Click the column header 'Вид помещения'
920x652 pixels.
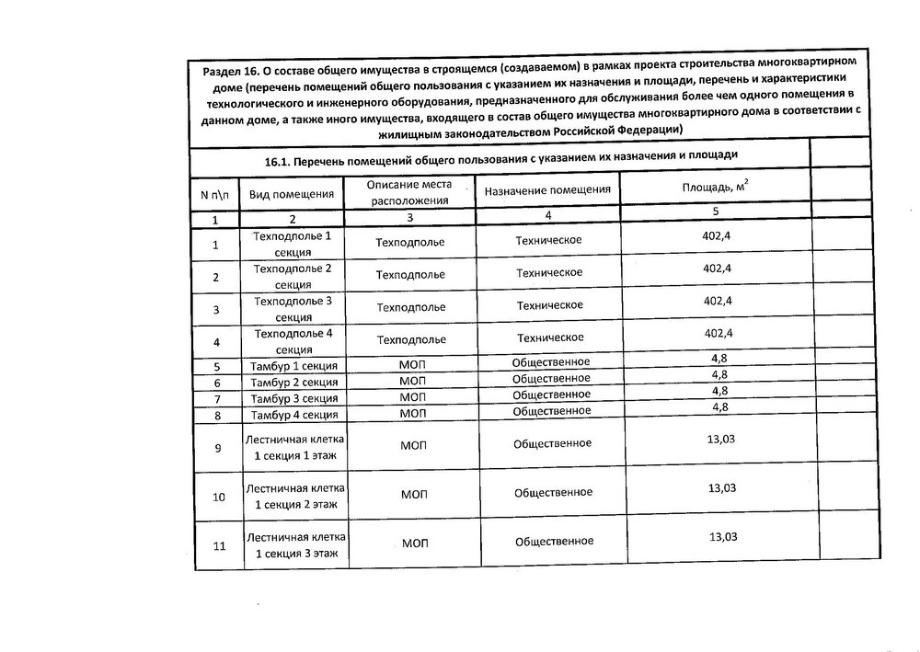click(293, 194)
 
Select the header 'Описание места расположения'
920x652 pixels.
click(410, 192)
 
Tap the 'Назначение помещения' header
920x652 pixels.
click(547, 189)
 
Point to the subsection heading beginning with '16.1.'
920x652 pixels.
click(501, 159)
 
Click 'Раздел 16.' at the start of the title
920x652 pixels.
click(231, 72)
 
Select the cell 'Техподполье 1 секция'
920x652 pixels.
click(293, 243)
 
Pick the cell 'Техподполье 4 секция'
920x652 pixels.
click(293, 340)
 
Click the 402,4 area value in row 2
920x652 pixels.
click(717, 269)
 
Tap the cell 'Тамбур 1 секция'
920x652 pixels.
click(293, 366)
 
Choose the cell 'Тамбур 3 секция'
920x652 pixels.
click(293, 398)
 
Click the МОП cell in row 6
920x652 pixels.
click(413, 381)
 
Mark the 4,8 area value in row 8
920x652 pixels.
click(720, 406)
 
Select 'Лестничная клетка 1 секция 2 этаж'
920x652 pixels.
click(296, 497)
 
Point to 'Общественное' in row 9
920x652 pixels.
click(552, 443)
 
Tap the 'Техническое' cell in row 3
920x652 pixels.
click(550, 305)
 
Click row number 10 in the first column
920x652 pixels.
click(219, 498)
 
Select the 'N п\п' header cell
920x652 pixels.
click(215, 195)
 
